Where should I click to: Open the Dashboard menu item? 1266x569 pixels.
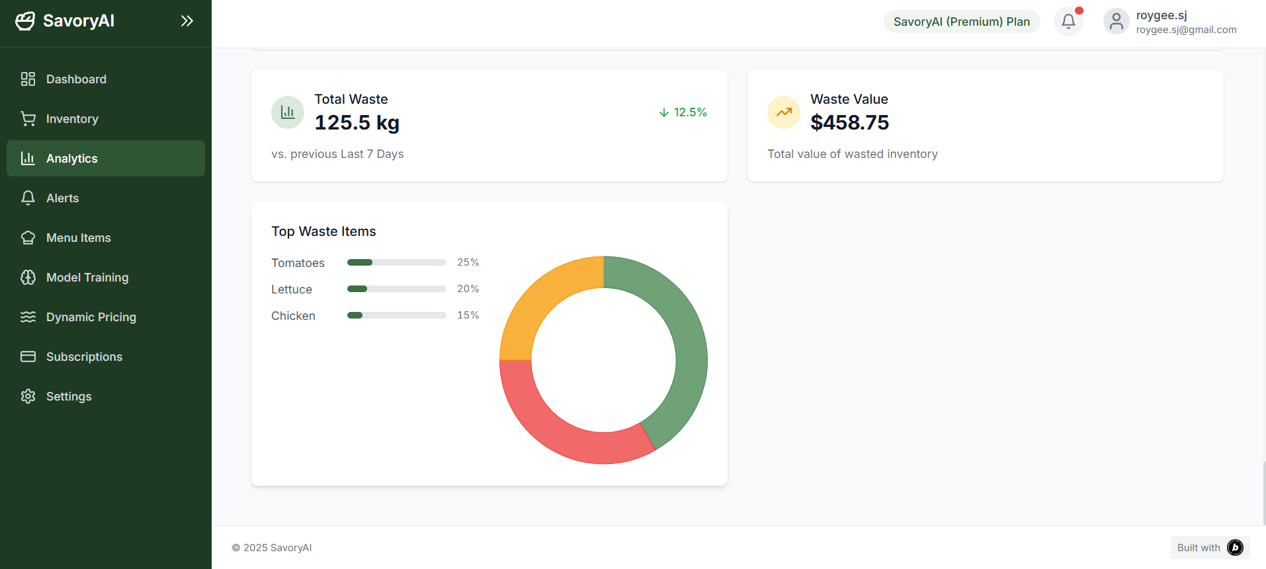76,79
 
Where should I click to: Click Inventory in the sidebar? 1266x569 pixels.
72,119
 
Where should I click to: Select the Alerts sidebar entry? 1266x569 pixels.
62,198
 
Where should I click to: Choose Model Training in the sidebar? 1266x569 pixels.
87,278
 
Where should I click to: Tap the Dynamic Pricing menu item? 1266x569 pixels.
91,317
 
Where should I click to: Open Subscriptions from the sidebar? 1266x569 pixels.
84,357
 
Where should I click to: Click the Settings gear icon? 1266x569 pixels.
28,397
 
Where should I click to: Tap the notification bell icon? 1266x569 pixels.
1068,22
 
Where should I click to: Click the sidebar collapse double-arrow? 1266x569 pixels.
187,21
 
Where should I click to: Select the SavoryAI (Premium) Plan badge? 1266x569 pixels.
961,22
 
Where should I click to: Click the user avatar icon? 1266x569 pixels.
1116,22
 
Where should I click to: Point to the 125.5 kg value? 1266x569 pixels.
357,123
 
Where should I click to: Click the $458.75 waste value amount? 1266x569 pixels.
849,123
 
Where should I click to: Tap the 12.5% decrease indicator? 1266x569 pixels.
683,112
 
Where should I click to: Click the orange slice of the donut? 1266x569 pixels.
543,297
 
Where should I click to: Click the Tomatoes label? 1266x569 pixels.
298,263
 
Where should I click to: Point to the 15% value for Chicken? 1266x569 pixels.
468,315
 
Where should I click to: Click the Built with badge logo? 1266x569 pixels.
1234,548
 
